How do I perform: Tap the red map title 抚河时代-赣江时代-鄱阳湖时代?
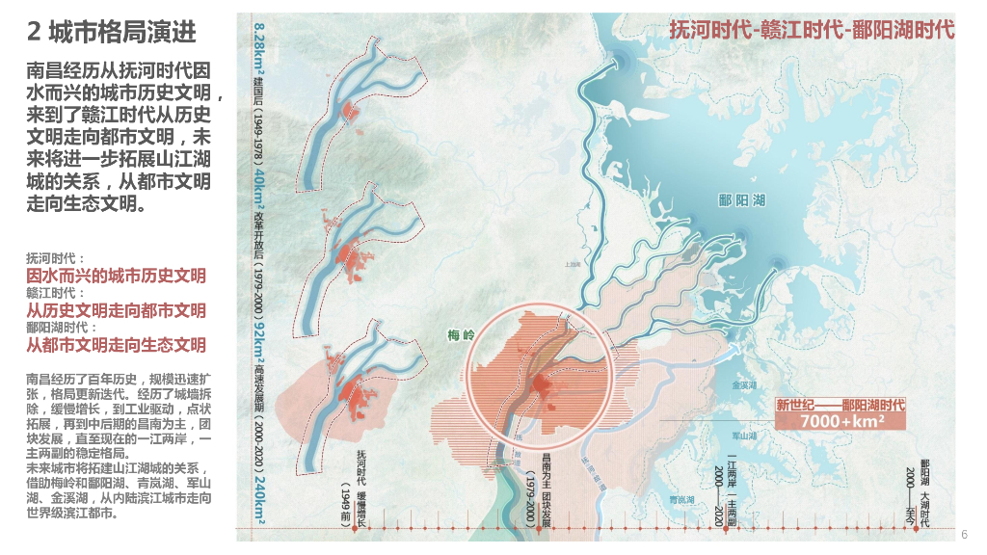(812, 30)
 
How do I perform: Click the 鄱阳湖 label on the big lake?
(741, 200)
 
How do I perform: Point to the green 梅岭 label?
(463, 336)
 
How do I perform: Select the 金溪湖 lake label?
(745, 385)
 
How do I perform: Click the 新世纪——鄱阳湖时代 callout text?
(841, 405)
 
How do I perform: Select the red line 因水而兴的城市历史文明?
(116, 276)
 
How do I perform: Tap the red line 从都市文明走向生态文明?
(116, 345)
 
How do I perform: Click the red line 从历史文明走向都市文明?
(116, 310)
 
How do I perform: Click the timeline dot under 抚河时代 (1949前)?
(361, 529)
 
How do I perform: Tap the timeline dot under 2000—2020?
(718, 529)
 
